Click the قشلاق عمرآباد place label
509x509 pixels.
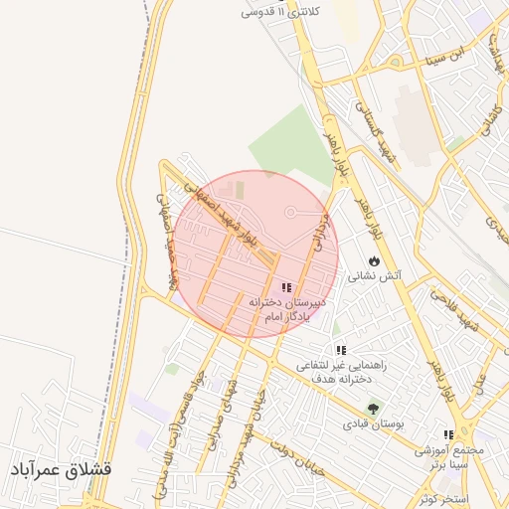pyautogui.click(x=62, y=468)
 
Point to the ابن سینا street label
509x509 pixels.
pyautogui.click(x=470, y=53)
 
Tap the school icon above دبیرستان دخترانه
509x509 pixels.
pyautogui.click(x=286, y=286)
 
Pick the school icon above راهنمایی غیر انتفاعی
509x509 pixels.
pyautogui.click(x=341, y=350)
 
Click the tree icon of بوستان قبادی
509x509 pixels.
pyautogui.click(x=374, y=408)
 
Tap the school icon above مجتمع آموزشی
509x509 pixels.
pyautogui.click(x=448, y=434)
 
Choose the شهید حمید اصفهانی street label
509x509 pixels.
pyautogui.click(x=167, y=239)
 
